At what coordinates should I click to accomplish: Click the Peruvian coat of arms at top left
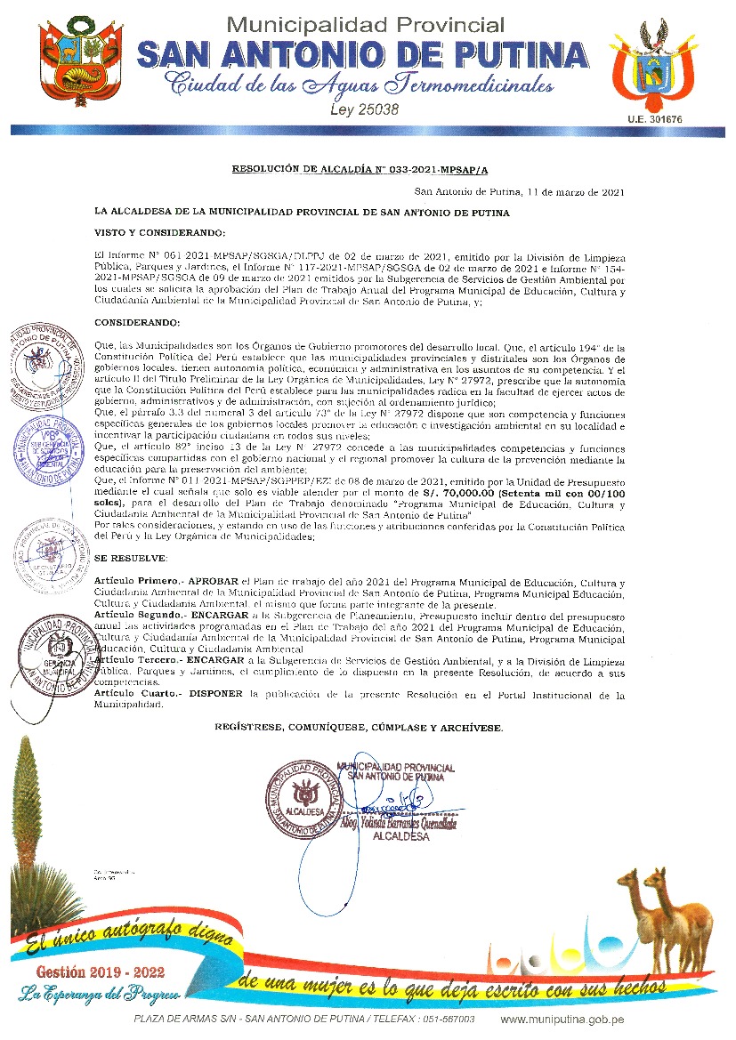pos(70,64)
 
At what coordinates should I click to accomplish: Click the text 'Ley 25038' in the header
pos(364,110)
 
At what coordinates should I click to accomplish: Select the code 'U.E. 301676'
pos(654,118)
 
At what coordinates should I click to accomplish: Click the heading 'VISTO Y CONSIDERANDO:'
pos(160,233)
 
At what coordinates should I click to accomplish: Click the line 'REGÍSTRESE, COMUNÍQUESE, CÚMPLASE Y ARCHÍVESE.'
pos(359,727)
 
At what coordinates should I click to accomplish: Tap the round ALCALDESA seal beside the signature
pos(304,795)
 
